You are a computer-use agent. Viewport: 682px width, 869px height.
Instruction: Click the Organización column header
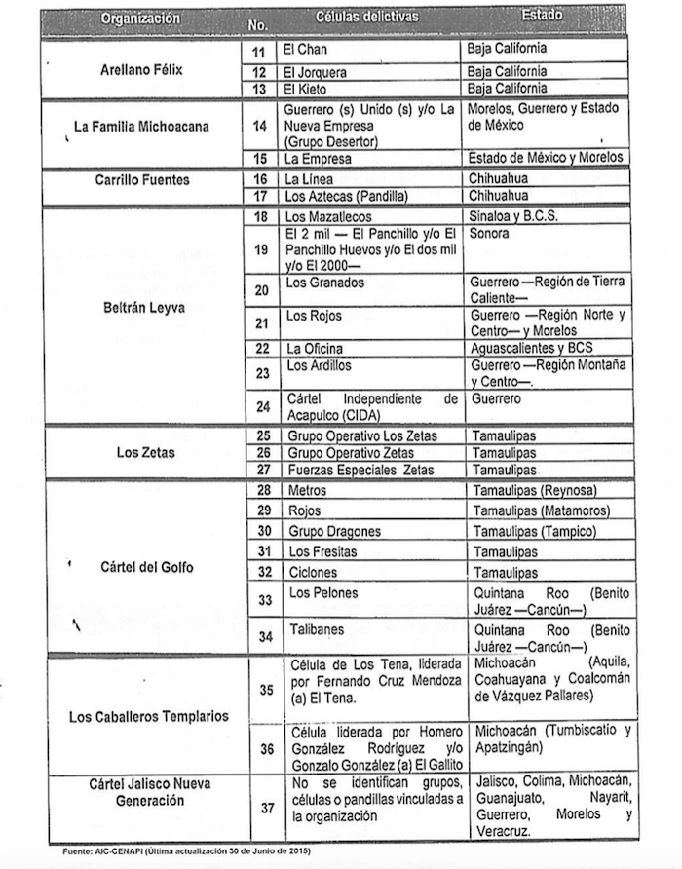tap(141, 19)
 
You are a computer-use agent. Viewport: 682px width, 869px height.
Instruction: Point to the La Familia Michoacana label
tap(142, 126)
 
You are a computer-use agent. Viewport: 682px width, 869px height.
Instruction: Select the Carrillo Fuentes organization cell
tap(142, 180)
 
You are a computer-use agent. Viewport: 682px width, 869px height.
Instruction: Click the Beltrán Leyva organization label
tap(142, 307)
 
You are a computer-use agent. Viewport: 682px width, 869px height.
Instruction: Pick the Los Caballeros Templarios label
tap(149, 716)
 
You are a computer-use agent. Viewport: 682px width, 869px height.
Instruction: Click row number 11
tap(258, 49)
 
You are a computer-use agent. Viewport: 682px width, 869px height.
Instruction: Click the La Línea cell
tap(311, 179)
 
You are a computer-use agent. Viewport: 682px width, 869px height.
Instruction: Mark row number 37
tap(259, 807)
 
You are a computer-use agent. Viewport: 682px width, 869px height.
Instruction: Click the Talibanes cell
tap(317, 630)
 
